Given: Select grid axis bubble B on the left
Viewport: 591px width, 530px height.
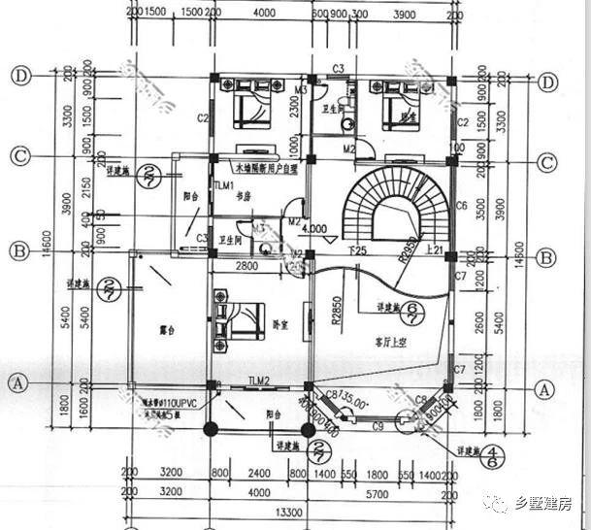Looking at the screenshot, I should [x=19, y=250].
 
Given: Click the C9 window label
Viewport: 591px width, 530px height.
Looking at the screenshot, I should [x=377, y=426].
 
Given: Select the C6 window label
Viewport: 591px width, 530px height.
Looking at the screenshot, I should [x=462, y=206].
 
